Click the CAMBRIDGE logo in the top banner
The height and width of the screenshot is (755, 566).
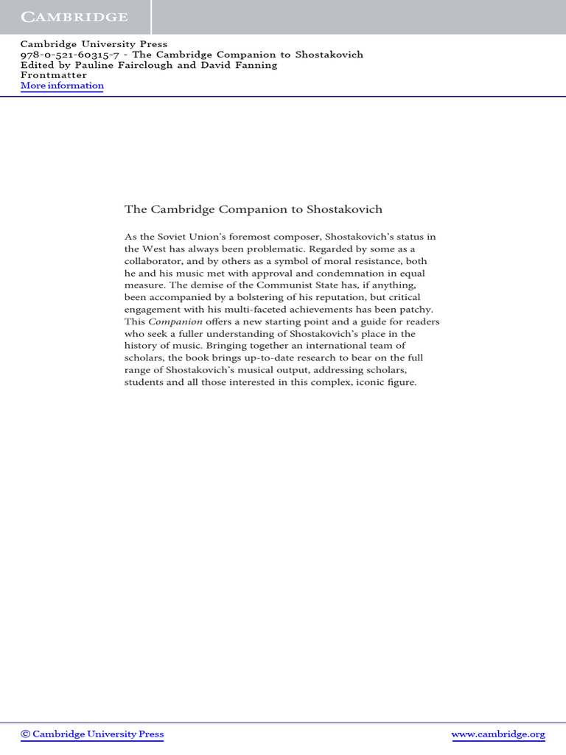point(74,17)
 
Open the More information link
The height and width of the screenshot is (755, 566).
point(62,86)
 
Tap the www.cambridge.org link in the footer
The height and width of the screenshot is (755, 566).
point(497,734)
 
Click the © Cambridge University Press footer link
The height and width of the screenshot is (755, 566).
point(92,734)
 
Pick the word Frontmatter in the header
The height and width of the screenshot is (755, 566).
point(54,75)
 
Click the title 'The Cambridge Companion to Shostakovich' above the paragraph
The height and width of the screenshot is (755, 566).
point(254,209)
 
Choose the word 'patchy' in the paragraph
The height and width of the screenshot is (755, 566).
point(415,310)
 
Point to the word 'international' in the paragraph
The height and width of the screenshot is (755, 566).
point(330,347)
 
